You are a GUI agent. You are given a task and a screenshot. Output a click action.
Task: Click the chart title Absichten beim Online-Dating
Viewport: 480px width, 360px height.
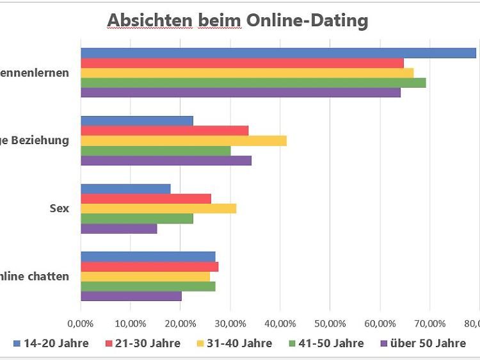point(237,20)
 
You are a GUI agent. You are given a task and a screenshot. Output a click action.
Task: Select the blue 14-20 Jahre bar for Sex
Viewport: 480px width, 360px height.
point(125,188)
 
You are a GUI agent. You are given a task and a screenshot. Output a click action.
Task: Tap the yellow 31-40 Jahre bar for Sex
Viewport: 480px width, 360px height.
point(158,208)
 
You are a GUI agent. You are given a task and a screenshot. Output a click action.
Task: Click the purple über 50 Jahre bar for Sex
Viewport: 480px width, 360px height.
point(118,228)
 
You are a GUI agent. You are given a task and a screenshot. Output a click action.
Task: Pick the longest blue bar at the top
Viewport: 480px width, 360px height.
point(278,53)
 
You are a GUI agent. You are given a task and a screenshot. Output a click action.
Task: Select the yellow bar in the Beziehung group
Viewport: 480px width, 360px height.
point(183,140)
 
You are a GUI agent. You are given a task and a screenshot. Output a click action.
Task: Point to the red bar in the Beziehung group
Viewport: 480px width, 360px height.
point(164,130)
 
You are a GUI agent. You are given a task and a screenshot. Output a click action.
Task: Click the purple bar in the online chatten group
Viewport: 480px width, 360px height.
point(131,296)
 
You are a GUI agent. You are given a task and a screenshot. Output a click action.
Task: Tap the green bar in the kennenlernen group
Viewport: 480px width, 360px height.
point(253,82)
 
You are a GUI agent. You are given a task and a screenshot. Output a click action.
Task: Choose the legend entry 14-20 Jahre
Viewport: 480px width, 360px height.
point(51,343)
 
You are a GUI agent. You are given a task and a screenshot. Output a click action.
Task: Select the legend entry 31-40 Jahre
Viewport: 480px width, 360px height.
point(234,343)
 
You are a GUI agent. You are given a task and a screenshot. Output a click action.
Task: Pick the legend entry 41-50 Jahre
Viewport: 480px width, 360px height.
point(326,343)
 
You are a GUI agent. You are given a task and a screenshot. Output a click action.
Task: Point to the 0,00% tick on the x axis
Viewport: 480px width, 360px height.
point(81,323)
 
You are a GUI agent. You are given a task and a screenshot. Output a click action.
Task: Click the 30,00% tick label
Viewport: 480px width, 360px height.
point(230,323)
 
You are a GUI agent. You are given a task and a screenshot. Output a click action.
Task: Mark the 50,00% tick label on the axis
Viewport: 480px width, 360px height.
point(330,323)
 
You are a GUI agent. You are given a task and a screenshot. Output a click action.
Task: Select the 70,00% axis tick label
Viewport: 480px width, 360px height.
point(429,323)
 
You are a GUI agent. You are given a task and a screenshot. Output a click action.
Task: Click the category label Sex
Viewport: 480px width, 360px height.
point(60,208)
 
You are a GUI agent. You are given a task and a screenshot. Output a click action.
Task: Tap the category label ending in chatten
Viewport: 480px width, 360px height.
point(35,277)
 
